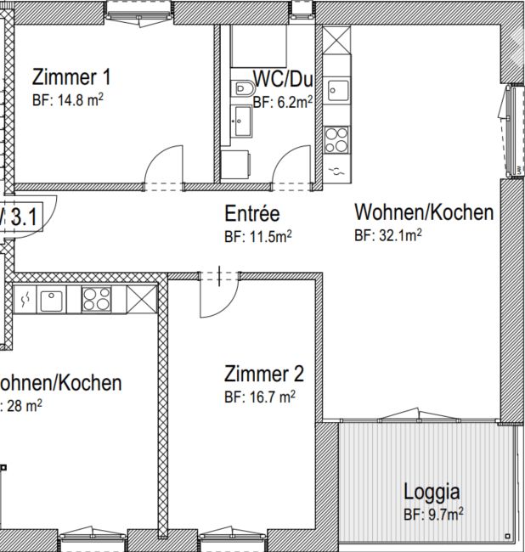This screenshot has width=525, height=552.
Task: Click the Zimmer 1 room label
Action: tap(71, 77)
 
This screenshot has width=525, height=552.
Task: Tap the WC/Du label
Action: tap(283, 80)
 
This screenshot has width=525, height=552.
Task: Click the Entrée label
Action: tap(252, 213)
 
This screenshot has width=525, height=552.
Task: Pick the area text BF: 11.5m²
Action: tap(257, 236)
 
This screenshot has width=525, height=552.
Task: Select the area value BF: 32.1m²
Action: tap(387, 235)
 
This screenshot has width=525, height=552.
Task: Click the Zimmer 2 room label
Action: tap(263, 373)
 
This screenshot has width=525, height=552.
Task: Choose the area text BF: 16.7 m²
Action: tap(259, 396)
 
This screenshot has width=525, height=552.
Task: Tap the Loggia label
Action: tap(432, 491)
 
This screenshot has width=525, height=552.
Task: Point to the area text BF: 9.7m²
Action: tap(432, 513)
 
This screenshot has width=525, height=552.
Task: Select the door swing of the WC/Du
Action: tap(292, 165)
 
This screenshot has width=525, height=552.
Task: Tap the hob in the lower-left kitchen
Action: tap(96, 299)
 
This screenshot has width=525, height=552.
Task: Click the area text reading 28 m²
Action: tap(24, 405)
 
